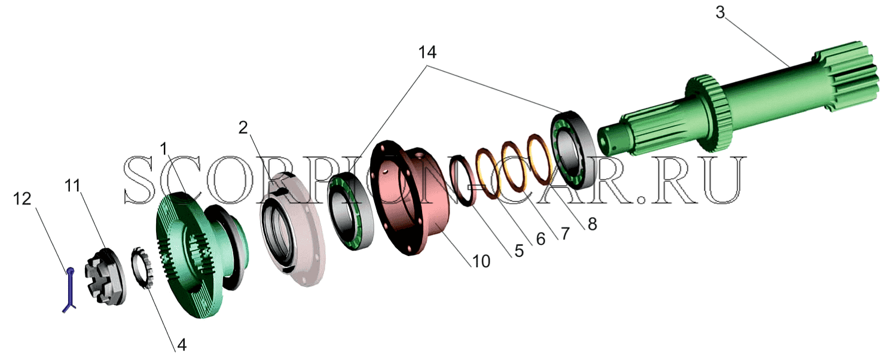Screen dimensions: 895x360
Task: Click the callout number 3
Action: (720, 13)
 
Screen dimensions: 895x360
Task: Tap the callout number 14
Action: (427, 53)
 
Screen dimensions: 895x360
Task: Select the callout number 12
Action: (22, 199)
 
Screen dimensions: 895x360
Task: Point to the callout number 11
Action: (72, 185)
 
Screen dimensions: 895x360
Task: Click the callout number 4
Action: (182, 344)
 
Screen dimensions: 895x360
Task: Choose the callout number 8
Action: (592, 224)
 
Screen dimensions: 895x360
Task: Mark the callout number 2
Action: (243, 128)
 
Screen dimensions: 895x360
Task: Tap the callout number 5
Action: (519, 251)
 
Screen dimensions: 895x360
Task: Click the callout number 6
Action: (540, 239)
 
